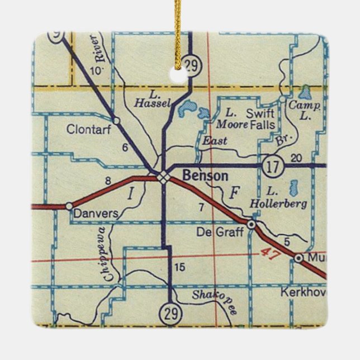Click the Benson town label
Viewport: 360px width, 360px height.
[x=205, y=176]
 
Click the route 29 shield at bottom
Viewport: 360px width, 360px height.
[x=170, y=314]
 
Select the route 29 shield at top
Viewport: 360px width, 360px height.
[x=191, y=65]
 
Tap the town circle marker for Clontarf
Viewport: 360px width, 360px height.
[x=116, y=120]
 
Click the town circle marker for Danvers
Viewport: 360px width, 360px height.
[x=69, y=206]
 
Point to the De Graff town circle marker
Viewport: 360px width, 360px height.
[x=252, y=224]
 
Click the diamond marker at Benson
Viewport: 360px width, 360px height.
[x=163, y=177]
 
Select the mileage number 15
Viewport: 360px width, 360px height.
[x=179, y=267]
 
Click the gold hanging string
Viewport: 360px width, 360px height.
[x=178, y=28]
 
